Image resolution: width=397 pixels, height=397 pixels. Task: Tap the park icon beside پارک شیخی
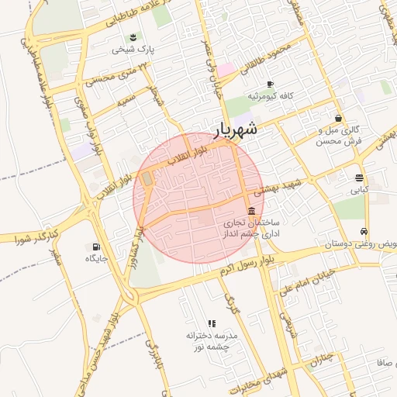(133, 38)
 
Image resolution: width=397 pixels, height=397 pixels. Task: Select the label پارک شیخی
(134, 50)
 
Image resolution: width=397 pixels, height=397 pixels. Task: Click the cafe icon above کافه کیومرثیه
(270, 84)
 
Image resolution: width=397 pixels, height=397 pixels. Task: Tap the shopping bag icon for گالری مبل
(339, 119)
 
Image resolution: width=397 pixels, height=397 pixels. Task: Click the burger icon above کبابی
(359, 178)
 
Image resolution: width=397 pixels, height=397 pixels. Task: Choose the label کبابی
(359, 189)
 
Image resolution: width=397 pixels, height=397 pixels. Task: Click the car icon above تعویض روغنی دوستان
(363, 232)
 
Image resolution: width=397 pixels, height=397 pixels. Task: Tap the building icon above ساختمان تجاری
(251, 212)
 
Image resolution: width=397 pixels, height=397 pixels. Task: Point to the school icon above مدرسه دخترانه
(211, 323)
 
